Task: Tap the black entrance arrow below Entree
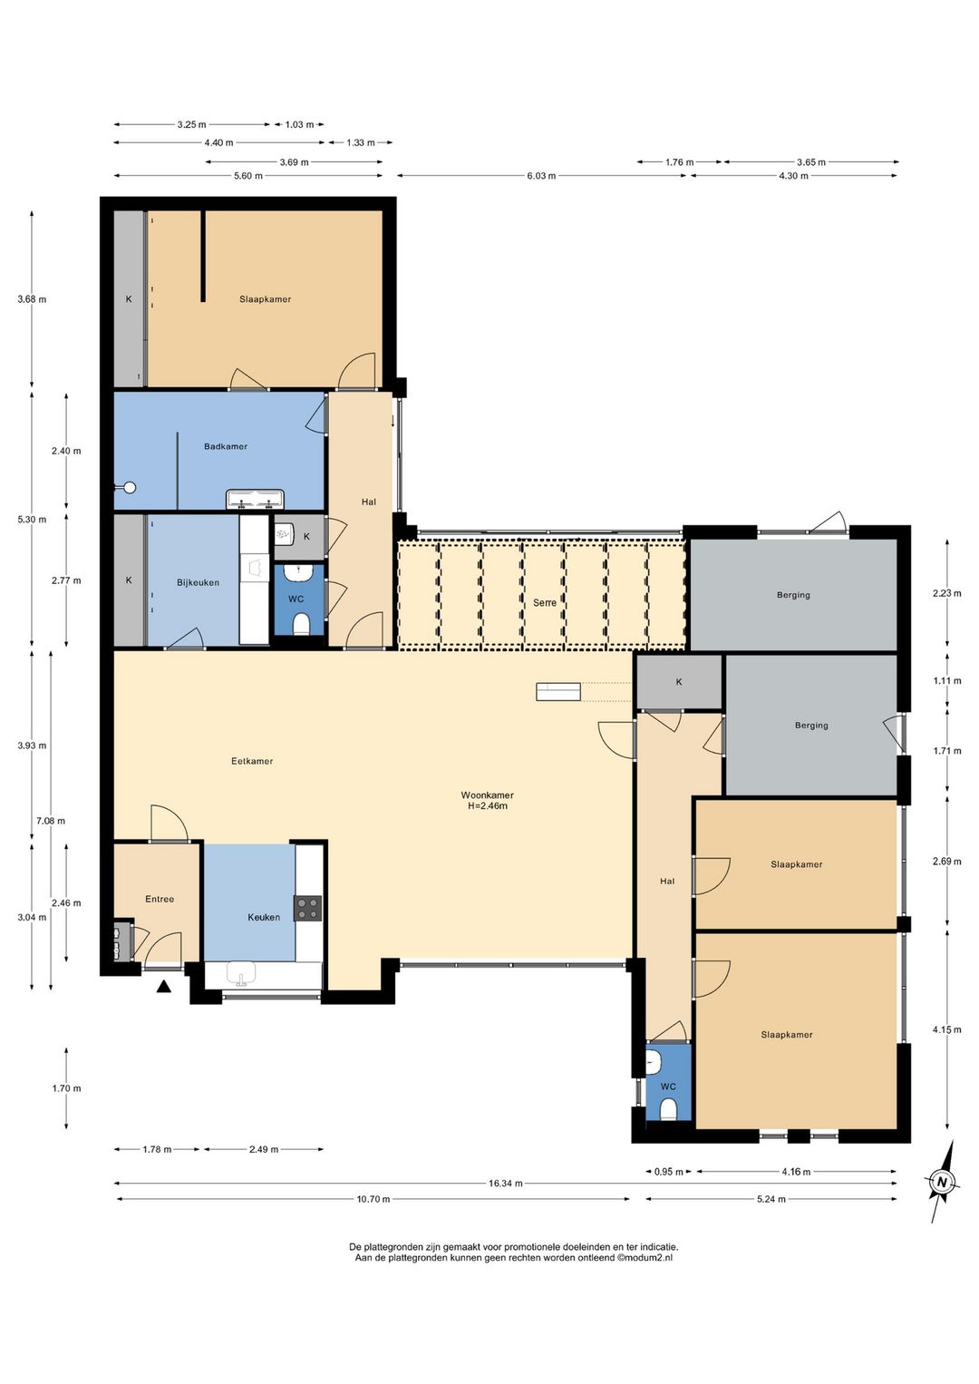pyautogui.click(x=163, y=987)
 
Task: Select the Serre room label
pyautogui.click(x=544, y=602)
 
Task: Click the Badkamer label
pyautogui.click(x=226, y=446)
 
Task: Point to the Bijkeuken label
pyautogui.click(x=198, y=582)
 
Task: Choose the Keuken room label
pyautogui.click(x=264, y=917)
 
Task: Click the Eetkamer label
pyautogui.click(x=252, y=761)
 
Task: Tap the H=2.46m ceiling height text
pyautogui.click(x=488, y=805)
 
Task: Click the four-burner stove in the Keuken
pyautogui.click(x=307, y=908)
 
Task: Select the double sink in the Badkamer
pyautogui.click(x=255, y=499)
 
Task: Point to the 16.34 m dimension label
pyautogui.click(x=505, y=1184)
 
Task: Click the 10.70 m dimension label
pyautogui.click(x=373, y=1199)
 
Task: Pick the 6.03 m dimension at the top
pyautogui.click(x=541, y=176)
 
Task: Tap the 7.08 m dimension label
pyautogui.click(x=51, y=821)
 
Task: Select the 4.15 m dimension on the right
pyautogui.click(x=946, y=1030)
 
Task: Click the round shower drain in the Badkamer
pyautogui.click(x=130, y=488)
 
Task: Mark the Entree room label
pyautogui.click(x=160, y=899)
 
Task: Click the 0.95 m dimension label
pyautogui.click(x=668, y=1172)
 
